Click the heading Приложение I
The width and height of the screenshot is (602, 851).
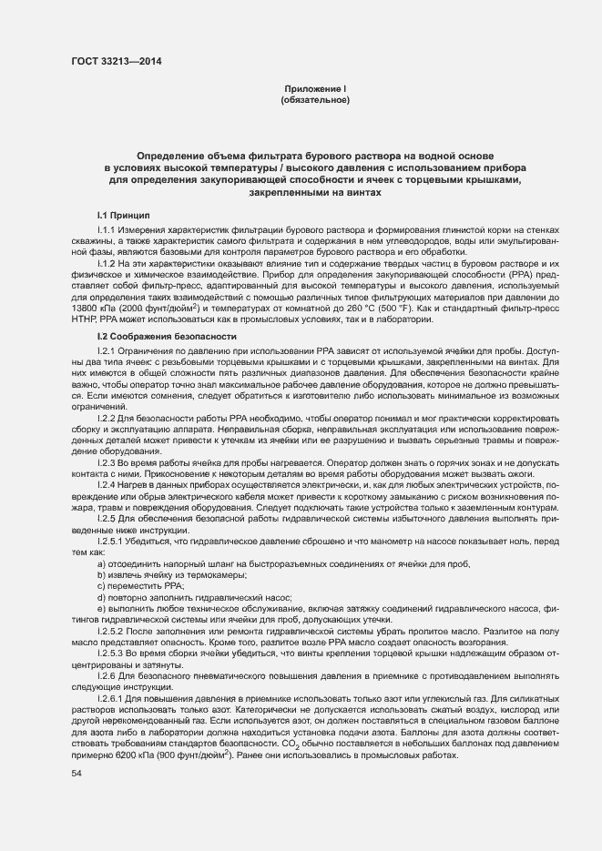click(316, 88)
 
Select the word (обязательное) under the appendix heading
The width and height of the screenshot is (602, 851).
click(316, 99)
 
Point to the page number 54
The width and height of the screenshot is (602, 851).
click(77, 773)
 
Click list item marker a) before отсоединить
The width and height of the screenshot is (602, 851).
click(100, 564)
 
